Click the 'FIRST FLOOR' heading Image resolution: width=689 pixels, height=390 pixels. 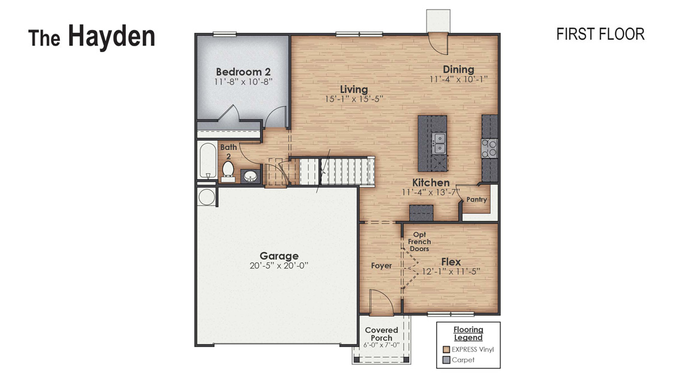[x=600, y=34]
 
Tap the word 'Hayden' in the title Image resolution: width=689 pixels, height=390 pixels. [x=111, y=36]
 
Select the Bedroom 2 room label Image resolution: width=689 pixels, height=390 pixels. [x=243, y=72]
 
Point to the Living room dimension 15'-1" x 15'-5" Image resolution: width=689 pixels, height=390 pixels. [x=353, y=99]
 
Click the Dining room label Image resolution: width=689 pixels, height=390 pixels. [x=458, y=69]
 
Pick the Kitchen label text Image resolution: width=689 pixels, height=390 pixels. [x=431, y=183]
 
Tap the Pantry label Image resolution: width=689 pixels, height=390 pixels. [x=477, y=199]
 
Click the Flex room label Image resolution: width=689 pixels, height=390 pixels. [x=451, y=262]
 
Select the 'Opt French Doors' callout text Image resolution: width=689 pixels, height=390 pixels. [x=419, y=242]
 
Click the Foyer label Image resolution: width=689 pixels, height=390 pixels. [x=382, y=265]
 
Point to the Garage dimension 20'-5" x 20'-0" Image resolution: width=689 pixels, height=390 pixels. [x=279, y=265]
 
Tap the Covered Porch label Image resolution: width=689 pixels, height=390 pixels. [x=382, y=334]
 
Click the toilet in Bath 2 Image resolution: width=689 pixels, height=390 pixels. [x=228, y=170]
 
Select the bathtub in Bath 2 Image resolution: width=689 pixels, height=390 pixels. [x=208, y=161]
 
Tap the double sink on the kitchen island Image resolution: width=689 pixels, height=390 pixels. [x=439, y=143]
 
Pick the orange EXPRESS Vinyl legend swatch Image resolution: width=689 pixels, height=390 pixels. [x=446, y=349]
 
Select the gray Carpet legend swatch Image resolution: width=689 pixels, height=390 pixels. [x=446, y=360]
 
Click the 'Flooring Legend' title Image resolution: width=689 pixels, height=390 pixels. [x=468, y=334]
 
